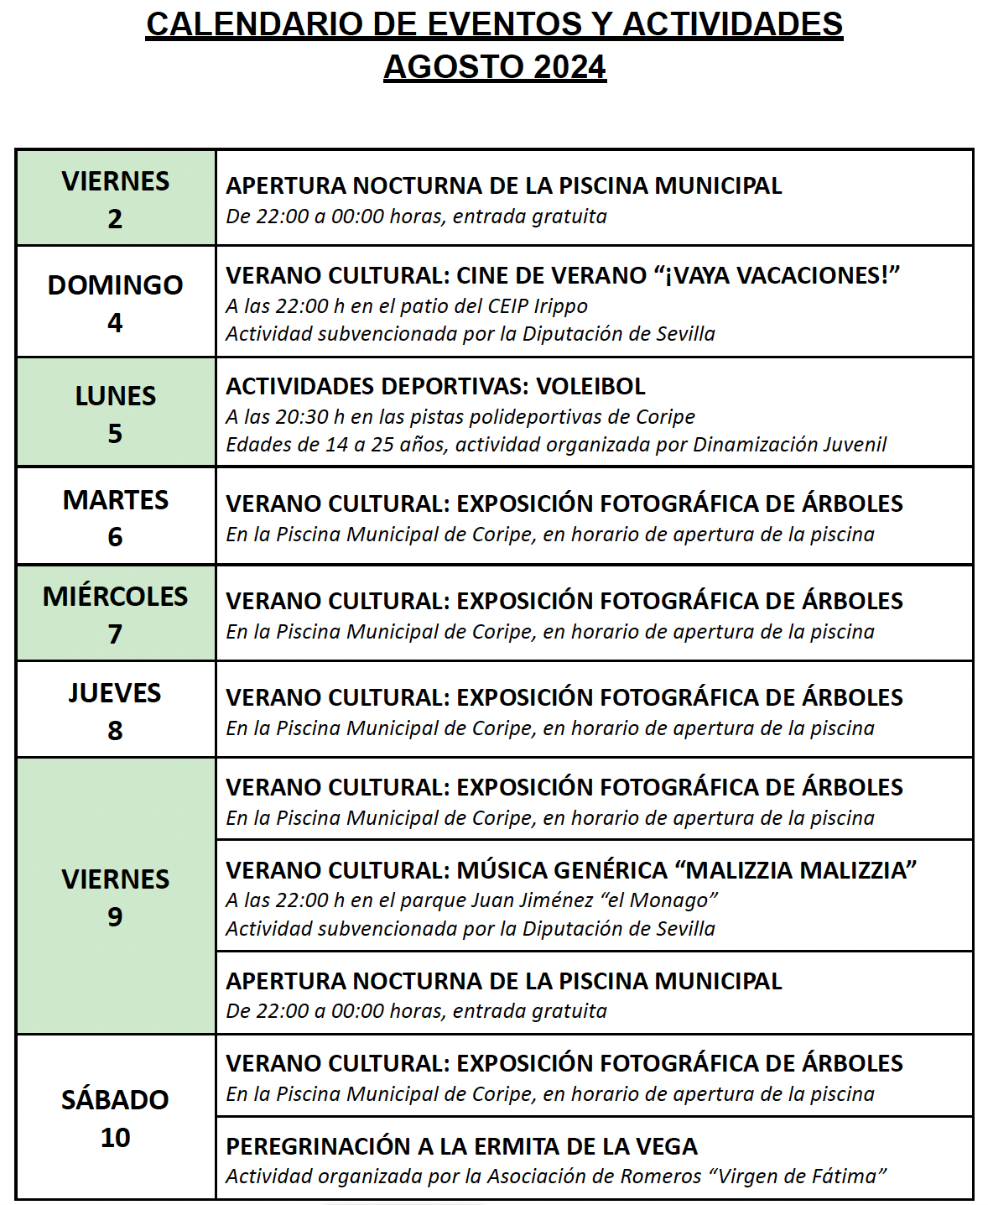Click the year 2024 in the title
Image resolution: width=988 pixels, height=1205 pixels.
569,67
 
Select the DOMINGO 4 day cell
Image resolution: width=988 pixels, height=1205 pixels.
116,302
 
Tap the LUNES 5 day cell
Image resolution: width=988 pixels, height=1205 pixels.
116,413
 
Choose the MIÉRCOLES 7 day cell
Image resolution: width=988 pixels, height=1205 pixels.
116,613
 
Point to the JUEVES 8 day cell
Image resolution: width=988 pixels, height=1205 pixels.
116,710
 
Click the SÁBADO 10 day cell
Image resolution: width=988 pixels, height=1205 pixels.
116,1117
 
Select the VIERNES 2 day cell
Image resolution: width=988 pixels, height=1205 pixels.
116,199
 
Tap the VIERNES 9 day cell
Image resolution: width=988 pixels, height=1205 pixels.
116,896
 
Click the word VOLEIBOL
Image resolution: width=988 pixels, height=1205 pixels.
590,386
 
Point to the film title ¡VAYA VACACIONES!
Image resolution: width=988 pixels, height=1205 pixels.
777,275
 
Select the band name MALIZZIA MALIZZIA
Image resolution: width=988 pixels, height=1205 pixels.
801,870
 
